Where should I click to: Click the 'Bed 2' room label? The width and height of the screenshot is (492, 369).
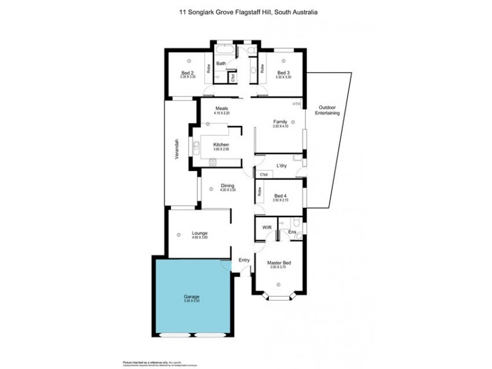(x=188, y=73)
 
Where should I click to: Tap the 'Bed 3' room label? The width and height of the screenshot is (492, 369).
(x=283, y=73)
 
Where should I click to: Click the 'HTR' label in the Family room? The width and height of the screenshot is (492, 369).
(x=296, y=104)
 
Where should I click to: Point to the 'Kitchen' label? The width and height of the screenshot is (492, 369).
(x=221, y=145)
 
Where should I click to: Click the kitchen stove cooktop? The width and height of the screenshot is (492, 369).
(x=213, y=162)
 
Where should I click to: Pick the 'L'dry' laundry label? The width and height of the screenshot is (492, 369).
(x=282, y=166)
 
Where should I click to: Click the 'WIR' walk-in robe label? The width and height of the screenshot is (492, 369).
(x=267, y=228)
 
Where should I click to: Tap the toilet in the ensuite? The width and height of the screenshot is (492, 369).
(x=296, y=223)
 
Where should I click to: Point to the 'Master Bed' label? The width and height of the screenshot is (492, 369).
(x=279, y=263)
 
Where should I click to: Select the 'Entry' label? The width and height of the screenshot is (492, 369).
(x=244, y=260)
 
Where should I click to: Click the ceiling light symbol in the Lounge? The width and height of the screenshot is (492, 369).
(x=177, y=234)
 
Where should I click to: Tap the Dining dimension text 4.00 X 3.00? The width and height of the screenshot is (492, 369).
(x=228, y=190)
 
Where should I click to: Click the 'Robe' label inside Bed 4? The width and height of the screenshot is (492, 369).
(x=259, y=192)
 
